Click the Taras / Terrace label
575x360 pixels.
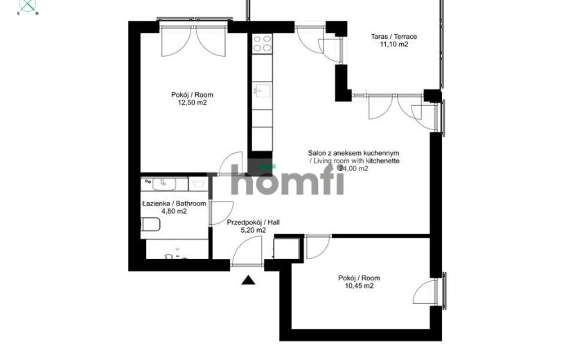click(394, 37)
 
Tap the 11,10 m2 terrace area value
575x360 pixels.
click(394, 45)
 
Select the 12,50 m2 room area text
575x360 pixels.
click(192, 103)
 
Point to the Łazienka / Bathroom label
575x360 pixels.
click(174, 204)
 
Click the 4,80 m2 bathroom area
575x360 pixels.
click(174, 212)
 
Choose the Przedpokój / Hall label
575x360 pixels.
click(254, 222)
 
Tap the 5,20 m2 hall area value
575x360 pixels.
click(253, 231)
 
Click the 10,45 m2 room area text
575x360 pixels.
click(360, 287)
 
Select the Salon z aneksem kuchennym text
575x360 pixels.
click(353, 153)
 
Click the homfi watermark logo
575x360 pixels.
click(288, 179)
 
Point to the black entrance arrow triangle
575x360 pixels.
click(248, 280)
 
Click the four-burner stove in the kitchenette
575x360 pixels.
click(263, 44)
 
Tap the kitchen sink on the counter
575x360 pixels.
click(263, 91)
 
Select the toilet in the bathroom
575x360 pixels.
click(150, 224)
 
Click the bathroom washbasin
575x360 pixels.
click(164, 184)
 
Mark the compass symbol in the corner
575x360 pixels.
click(28, 6)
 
